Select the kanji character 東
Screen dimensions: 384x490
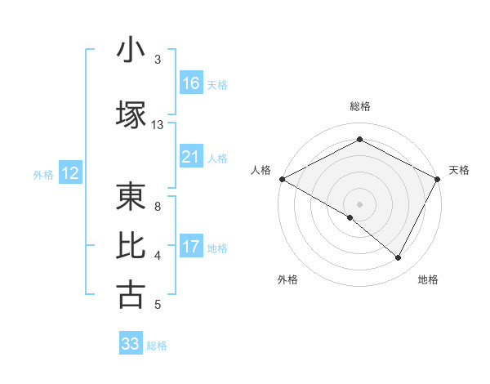coord(131,197)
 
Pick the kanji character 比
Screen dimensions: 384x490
coord(131,246)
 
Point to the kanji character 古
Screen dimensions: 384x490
coord(131,295)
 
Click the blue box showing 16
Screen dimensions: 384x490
coord(191,83)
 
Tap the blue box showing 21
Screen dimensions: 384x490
coord(191,157)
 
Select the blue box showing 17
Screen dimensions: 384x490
coord(191,247)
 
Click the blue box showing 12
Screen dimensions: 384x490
coord(70,173)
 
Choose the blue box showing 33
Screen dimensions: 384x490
coord(131,344)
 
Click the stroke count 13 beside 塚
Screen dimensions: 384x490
coord(157,125)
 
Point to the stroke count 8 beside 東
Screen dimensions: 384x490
coord(157,207)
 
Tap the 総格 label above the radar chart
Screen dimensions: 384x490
coord(360,106)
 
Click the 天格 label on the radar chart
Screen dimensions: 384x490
coord(460,170)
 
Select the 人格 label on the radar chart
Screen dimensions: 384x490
coord(261,170)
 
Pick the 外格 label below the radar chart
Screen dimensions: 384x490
coord(287,280)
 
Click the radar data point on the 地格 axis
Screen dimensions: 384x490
coord(399,258)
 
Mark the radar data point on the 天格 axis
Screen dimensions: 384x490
coord(439,178)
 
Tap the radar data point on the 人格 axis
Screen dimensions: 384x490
coord(282,178)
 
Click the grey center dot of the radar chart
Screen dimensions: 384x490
coord(360,203)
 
